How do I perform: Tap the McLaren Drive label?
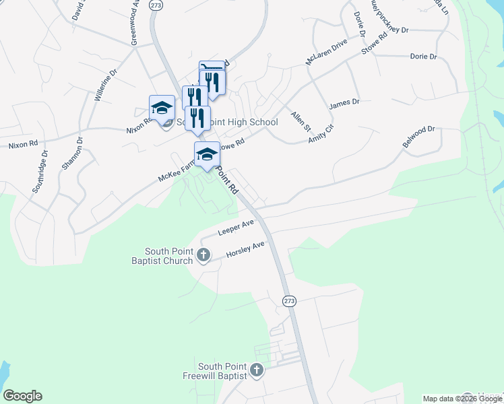pos(326,52)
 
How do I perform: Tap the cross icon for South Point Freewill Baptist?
pos(256,370)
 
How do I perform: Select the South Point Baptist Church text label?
pos(164,256)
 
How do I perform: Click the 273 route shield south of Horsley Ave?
pos(289,300)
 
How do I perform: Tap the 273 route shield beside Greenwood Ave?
pos(156,5)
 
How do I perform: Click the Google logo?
pos(22,396)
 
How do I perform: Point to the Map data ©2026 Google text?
pos(462,399)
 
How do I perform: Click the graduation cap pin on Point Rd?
pos(207,154)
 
